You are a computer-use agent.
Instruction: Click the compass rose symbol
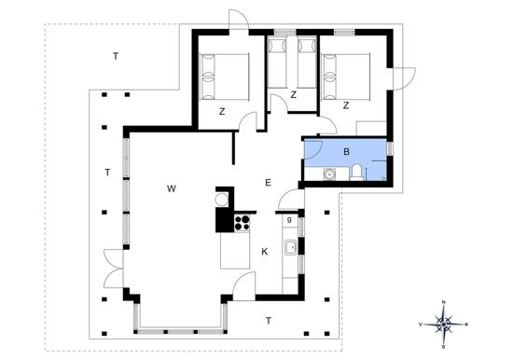click(x=444, y=323)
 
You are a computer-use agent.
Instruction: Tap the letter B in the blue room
click(x=346, y=150)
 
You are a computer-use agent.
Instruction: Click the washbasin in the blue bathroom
click(x=329, y=173)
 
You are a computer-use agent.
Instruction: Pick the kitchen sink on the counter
click(x=290, y=248)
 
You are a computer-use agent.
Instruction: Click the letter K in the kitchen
click(x=264, y=251)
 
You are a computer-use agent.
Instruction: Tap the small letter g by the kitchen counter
click(x=290, y=219)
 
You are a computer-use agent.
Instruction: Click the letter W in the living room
click(x=172, y=188)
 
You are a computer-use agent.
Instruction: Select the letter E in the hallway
click(x=268, y=182)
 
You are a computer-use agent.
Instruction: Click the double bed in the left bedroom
click(x=226, y=76)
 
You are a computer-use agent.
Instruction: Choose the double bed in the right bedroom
click(x=346, y=74)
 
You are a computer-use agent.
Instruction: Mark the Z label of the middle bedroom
click(x=293, y=95)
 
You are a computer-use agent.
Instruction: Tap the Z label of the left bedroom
click(x=222, y=111)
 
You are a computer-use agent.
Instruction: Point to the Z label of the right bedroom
click(x=345, y=105)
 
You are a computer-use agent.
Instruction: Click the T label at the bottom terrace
click(x=269, y=321)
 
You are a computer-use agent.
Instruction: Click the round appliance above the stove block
click(x=222, y=199)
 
